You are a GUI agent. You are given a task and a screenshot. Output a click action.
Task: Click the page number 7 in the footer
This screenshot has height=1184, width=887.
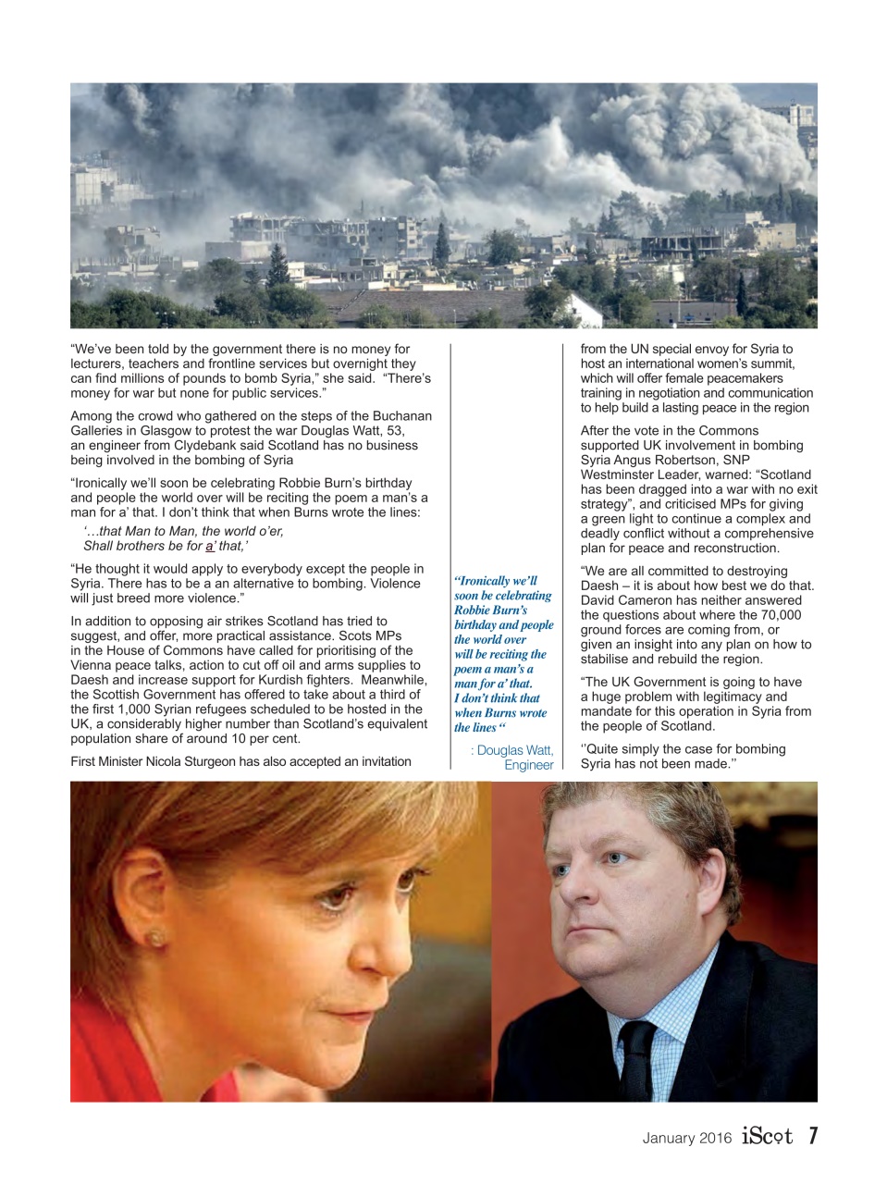pyautogui.click(x=812, y=1136)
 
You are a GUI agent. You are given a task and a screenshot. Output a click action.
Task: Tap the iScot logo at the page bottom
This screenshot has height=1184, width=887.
pyautogui.click(x=767, y=1137)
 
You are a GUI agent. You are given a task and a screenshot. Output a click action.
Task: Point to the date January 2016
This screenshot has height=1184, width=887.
pyautogui.click(x=686, y=1138)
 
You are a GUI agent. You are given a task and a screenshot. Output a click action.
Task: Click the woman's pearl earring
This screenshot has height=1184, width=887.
pyautogui.click(x=155, y=938)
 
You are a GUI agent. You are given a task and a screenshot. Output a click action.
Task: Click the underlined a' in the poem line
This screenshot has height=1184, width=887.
pyautogui.click(x=210, y=546)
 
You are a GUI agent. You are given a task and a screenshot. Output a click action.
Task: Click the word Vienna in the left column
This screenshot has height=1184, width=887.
pyautogui.click(x=92, y=665)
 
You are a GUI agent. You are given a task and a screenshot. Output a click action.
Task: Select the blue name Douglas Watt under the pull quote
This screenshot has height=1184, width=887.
pyautogui.click(x=514, y=750)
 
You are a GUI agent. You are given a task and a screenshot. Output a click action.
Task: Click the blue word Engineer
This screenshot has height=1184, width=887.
pyautogui.click(x=528, y=765)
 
